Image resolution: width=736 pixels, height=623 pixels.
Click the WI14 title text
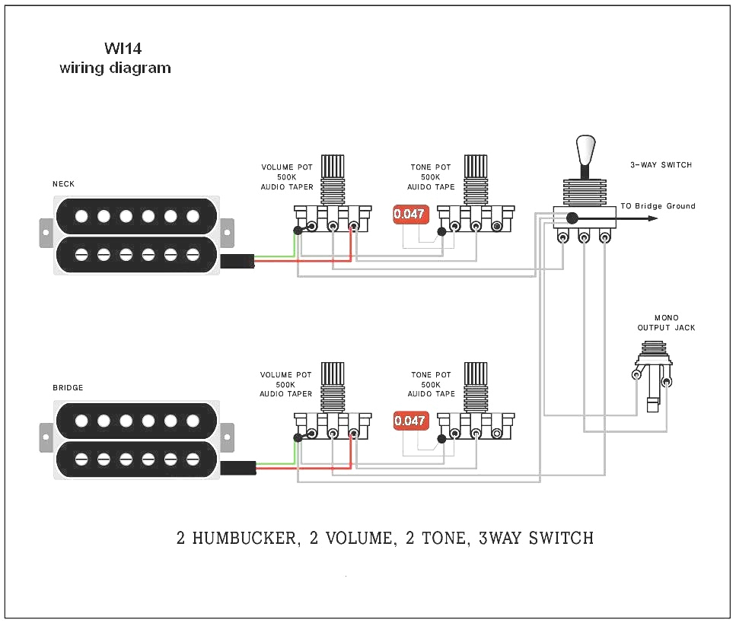coord(123,49)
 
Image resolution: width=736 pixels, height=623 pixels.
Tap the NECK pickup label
coord(63,184)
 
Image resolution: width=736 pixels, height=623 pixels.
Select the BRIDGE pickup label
coord(68,388)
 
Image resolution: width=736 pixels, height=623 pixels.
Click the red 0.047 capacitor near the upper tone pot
coord(409,215)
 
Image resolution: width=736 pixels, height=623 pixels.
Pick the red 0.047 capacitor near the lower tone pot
coord(410,421)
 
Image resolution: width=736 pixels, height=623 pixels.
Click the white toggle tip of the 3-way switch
coord(585,148)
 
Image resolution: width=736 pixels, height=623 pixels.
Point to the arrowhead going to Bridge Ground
coord(652,218)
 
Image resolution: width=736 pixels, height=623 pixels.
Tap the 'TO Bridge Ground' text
coord(658,206)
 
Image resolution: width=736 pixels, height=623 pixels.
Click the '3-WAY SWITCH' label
coord(661,165)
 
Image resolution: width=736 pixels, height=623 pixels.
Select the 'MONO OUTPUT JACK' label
coord(666,323)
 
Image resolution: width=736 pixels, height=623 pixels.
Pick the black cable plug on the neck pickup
coord(237,262)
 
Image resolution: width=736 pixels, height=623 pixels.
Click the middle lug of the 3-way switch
coord(584,238)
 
